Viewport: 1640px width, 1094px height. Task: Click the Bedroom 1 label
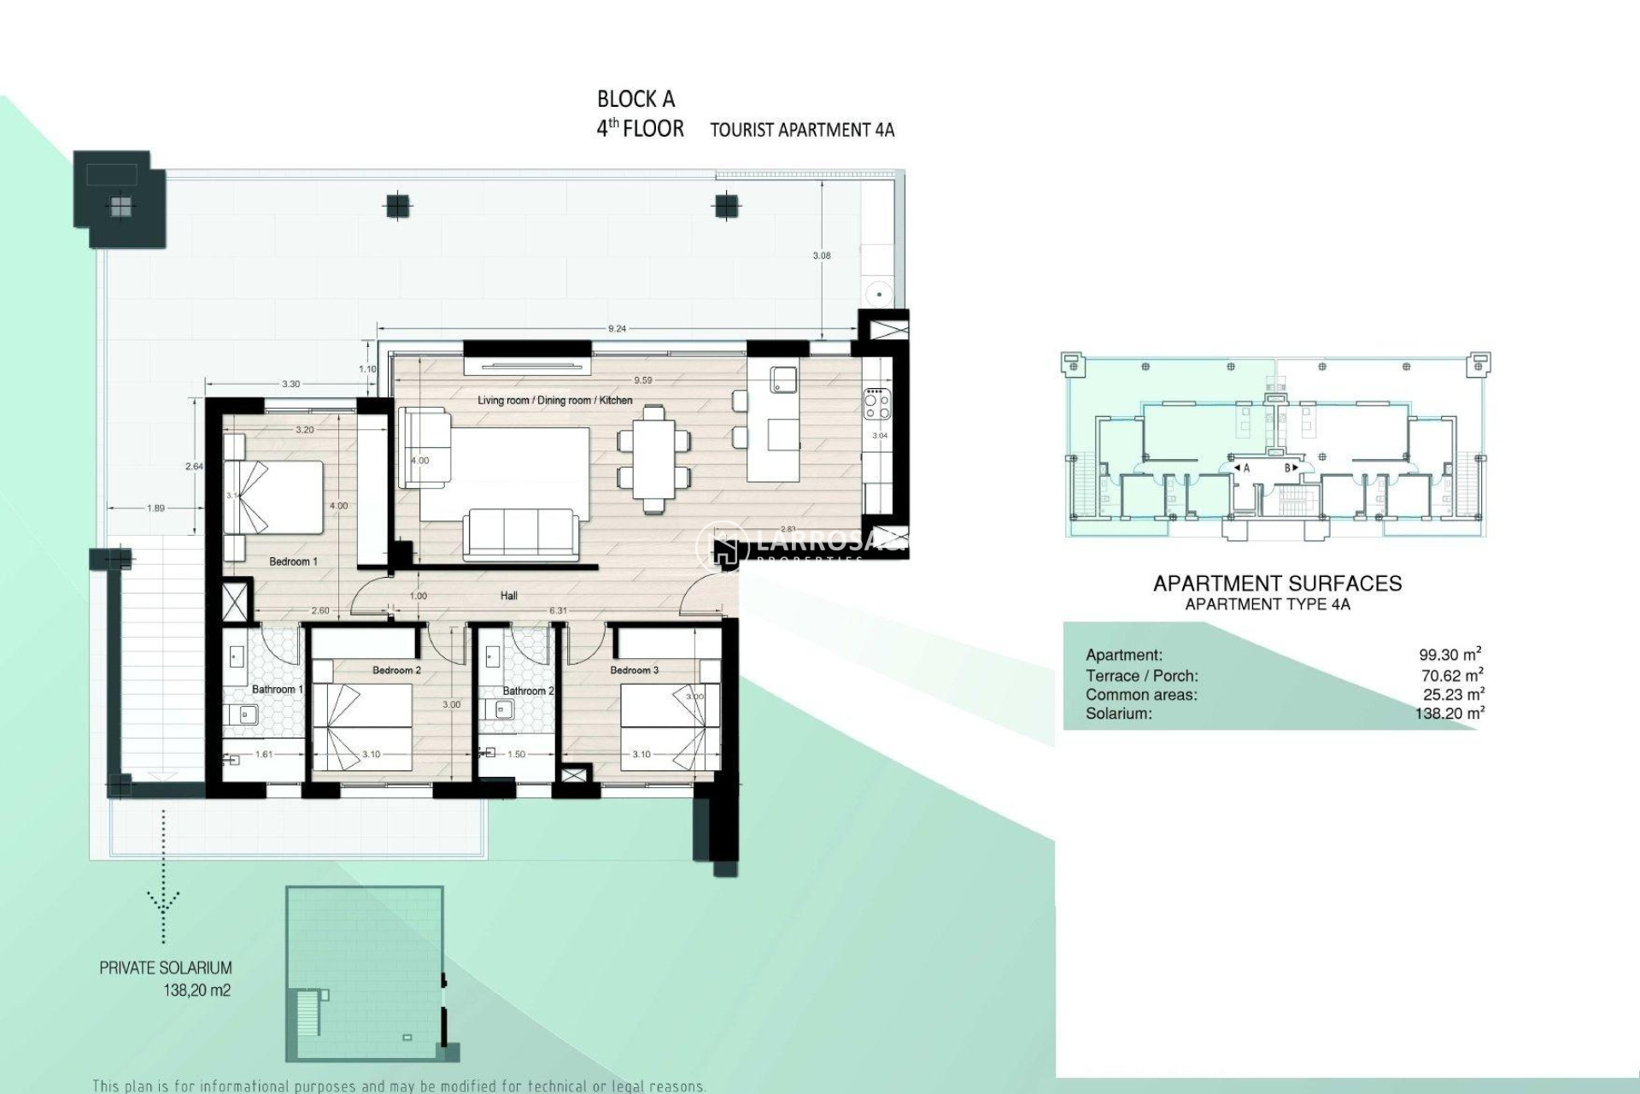pyautogui.click(x=293, y=562)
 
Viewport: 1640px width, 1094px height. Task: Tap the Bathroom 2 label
pyautogui.click(x=528, y=691)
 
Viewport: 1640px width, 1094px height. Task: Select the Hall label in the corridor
pyautogui.click(x=509, y=596)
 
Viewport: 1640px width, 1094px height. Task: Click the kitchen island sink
pyautogui.click(x=782, y=379)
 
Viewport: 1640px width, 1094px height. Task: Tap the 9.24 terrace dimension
pyautogui.click(x=617, y=328)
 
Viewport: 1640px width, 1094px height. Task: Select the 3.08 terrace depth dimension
pyautogui.click(x=822, y=256)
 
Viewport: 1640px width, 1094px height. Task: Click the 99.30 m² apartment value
pyautogui.click(x=1450, y=655)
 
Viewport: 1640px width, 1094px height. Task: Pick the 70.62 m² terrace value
pyautogui.click(x=1451, y=675)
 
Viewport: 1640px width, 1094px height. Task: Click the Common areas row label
pyautogui.click(x=1141, y=695)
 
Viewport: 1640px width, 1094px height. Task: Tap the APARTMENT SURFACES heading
pyautogui.click(x=1277, y=584)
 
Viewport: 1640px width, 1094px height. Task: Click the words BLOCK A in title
pyautogui.click(x=636, y=99)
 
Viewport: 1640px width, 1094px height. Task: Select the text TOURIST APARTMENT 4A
pyautogui.click(x=802, y=130)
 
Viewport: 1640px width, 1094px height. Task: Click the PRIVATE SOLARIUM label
pyautogui.click(x=166, y=968)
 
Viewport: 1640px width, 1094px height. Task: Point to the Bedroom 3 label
pyautogui.click(x=634, y=670)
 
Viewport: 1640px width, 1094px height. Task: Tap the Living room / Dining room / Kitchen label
pyautogui.click(x=554, y=400)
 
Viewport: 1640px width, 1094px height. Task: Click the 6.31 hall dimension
pyautogui.click(x=558, y=610)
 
